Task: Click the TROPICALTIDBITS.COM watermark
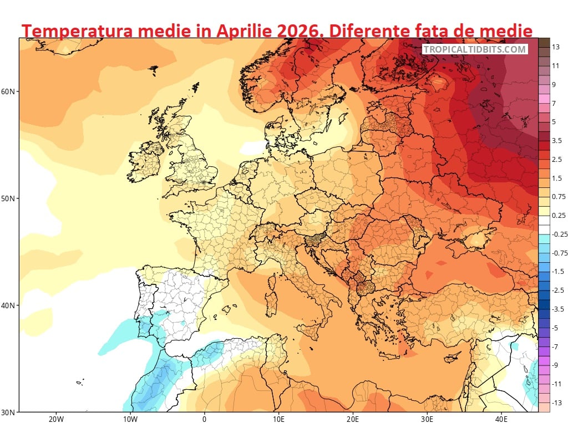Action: click(475, 49)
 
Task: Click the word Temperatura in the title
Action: click(76, 31)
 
